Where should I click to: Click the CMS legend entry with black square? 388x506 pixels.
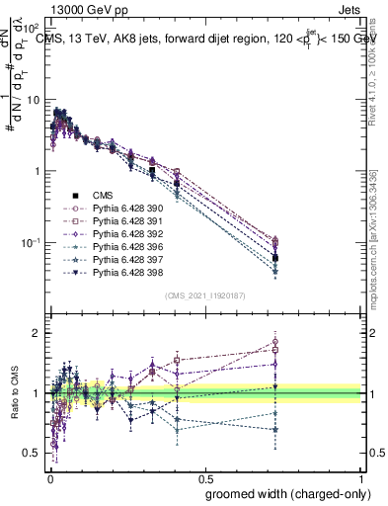point(102,196)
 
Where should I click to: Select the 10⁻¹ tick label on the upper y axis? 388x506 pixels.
point(32,243)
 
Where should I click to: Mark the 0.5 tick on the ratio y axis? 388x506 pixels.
point(34,454)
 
